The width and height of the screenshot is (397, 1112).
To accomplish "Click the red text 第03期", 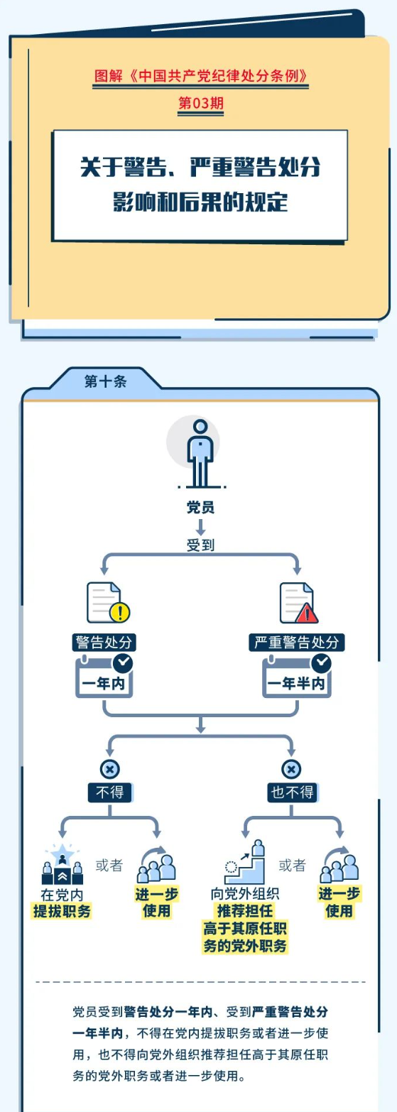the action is pyautogui.click(x=200, y=103).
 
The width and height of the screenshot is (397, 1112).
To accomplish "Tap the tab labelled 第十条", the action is pyautogui.click(x=105, y=381).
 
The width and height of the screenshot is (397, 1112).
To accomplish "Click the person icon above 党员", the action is pyautogui.click(x=200, y=453).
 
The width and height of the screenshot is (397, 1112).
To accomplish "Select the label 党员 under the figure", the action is pyautogui.click(x=200, y=507).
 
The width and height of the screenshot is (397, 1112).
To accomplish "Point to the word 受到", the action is pyautogui.click(x=200, y=545).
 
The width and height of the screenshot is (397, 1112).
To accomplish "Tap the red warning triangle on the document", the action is pyautogui.click(x=307, y=614).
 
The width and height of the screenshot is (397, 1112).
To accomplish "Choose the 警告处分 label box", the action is pyautogui.click(x=104, y=643).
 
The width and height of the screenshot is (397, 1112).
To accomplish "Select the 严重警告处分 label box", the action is pyautogui.click(x=296, y=643).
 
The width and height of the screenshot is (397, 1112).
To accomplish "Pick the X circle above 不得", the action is pyautogui.click(x=109, y=769).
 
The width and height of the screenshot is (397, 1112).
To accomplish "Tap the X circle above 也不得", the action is pyautogui.click(x=291, y=769).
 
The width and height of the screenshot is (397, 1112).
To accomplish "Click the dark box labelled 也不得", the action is pyautogui.click(x=292, y=792).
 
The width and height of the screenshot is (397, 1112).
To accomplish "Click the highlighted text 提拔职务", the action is pyautogui.click(x=62, y=911).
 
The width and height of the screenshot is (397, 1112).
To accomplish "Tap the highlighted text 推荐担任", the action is pyautogui.click(x=245, y=910).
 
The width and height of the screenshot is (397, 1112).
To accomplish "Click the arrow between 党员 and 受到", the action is pyautogui.click(x=200, y=527).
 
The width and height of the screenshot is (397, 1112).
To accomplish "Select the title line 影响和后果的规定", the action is pyautogui.click(x=200, y=202).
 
